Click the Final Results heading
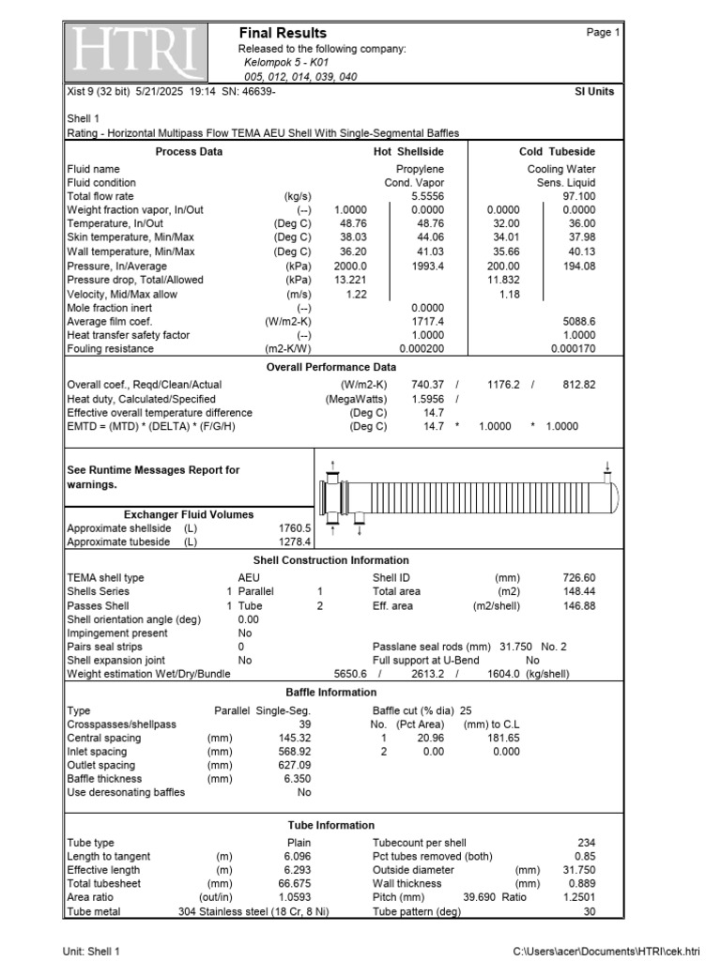283,33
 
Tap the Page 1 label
604,33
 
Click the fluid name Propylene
420,169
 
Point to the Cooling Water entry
561,169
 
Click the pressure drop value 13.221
352,280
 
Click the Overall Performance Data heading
331,367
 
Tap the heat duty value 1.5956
428,399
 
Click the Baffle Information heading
331,693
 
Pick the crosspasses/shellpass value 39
303,725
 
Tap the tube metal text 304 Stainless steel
253,911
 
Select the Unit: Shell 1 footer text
91,952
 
